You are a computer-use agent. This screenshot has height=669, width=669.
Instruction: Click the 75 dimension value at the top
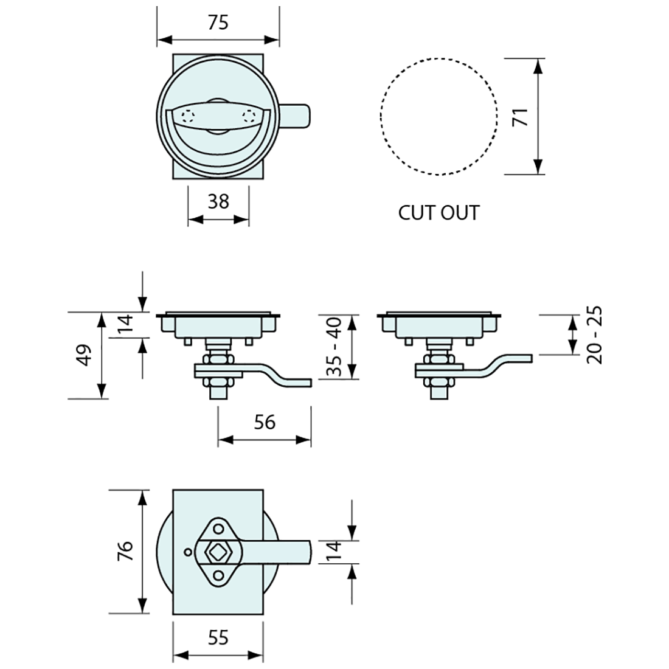218,23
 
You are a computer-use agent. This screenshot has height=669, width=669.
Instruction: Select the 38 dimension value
218,201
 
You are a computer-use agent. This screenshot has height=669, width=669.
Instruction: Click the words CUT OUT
438,213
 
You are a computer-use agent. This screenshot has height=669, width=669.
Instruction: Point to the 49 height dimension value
85,355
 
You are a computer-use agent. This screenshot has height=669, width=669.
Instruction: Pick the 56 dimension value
265,422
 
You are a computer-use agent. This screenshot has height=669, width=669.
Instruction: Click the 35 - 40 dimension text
334,347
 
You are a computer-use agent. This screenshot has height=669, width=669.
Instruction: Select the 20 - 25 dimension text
594,335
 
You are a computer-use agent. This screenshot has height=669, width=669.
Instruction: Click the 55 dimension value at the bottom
218,637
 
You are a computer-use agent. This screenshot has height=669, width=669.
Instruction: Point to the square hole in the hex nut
218,552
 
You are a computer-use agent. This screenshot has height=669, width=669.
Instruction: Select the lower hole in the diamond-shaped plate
218,575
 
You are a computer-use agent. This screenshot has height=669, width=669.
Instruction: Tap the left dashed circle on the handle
188,117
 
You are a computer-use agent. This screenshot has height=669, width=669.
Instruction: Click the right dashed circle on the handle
249,117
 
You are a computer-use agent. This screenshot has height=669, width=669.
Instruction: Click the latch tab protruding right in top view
294,116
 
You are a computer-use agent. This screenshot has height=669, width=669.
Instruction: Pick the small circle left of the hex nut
187,552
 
